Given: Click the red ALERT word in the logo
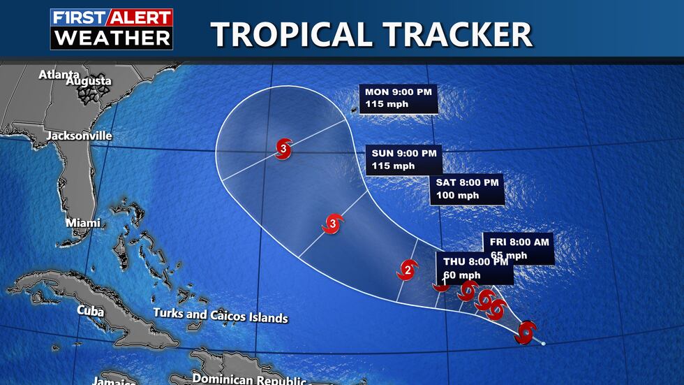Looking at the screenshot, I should click(x=139, y=18).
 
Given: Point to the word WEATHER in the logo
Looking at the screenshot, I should click(x=112, y=38).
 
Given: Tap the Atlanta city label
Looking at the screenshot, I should click(x=59, y=74).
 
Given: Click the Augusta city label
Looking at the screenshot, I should click(x=89, y=82).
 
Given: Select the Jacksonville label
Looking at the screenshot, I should click(x=79, y=136).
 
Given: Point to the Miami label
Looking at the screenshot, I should click(x=82, y=223).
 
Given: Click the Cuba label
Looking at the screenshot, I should click(x=90, y=310).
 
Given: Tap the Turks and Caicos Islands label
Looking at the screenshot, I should click(x=221, y=316).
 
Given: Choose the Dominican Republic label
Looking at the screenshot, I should click(x=248, y=379).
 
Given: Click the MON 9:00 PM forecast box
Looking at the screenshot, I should click(x=399, y=98).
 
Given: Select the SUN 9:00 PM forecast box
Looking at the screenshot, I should click(x=402, y=160).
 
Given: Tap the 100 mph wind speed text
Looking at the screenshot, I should click(x=458, y=196).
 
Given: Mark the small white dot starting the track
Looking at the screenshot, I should click(x=543, y=343).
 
